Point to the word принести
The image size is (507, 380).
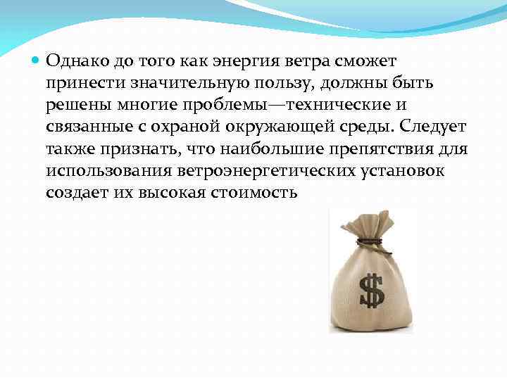[x=82, y=84]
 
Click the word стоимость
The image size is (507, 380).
[x=255, y=193]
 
